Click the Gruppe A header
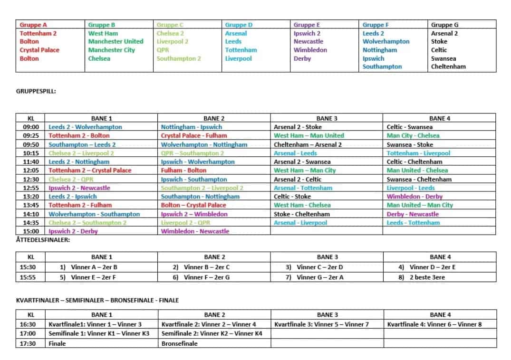pos(33,25)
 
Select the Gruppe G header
pos(444,25)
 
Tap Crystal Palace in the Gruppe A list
pos(39,50)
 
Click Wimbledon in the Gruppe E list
pos(310,50)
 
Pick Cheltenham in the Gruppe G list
pos(448,66)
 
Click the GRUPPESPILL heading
pos(36,92)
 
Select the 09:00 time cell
pos(31,127)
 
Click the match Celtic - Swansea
pos(408,127)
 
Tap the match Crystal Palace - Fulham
pos(193,135)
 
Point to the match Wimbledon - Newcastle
pos(195,231)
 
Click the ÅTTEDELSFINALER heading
pos(43,240)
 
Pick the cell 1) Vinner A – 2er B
pos(88,267)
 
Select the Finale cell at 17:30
pos(57,343)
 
